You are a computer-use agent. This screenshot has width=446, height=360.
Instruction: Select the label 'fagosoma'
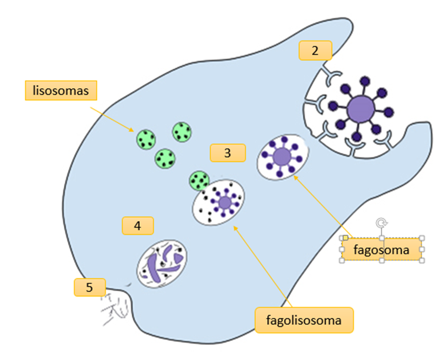(381, 250)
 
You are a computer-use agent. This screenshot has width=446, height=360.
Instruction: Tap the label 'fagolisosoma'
(304, 320)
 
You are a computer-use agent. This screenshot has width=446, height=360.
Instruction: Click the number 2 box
(315, 50)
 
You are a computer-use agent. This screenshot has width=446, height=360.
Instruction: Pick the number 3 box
(228, 153)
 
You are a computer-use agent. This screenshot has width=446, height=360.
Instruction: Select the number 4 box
(138, 226)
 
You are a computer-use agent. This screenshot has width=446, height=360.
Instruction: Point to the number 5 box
(89, 287)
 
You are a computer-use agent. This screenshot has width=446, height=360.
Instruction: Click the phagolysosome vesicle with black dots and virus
(219, 203)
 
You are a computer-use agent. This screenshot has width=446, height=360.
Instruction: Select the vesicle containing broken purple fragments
(162, 264)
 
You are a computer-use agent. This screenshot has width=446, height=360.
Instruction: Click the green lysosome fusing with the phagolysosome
(199, 181)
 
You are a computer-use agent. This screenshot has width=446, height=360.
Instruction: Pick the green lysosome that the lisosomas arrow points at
(146, 139)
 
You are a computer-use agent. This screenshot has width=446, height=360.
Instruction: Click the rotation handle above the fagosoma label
(381, 222)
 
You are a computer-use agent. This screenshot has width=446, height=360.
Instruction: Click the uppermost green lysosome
(182, 131)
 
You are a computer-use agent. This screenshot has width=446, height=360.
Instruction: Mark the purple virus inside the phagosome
(282, 157)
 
